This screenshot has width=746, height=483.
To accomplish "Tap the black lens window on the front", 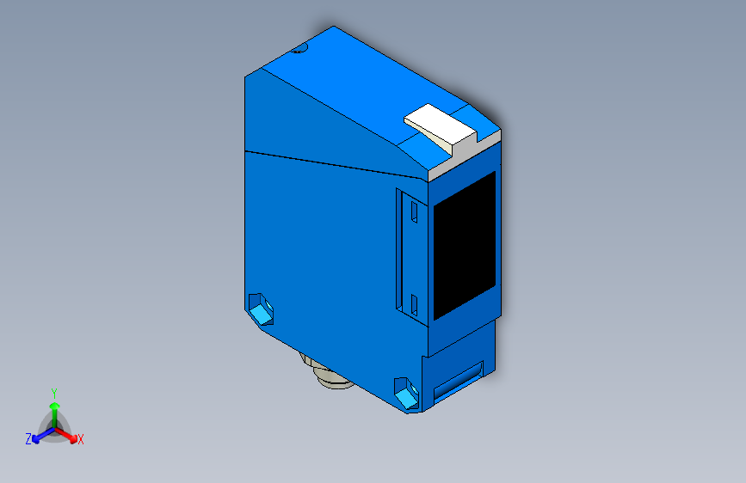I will tap(464, 243).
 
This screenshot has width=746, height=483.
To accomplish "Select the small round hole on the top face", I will tap(299, 49).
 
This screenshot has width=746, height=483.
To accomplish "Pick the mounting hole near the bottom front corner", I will tap(404, 391).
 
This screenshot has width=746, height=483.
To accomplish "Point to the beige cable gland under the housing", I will tap(325, 376).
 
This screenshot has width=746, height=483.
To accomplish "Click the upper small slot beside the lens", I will tap(413, 211).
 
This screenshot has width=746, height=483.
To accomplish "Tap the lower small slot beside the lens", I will tap(413, 303).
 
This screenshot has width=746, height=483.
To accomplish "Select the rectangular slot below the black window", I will tap(458, 381).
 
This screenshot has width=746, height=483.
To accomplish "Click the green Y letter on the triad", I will tap(53, 390).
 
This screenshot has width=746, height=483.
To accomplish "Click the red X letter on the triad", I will tap(81, 439).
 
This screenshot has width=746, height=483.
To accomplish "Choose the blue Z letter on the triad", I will tap(28, 438).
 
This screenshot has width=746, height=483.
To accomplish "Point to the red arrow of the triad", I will tap(69, 433).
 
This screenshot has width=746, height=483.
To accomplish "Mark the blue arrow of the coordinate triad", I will tap(39, 434).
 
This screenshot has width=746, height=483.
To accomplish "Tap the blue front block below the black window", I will tap(460, 352).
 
